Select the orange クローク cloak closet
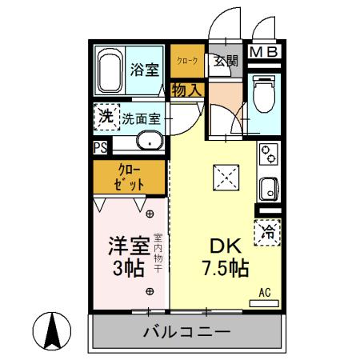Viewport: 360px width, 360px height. (x=187, y=62)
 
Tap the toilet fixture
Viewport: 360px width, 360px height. (x=260, y=94)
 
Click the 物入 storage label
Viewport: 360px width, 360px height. (x=187, y=90)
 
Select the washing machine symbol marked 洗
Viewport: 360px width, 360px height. (x=105, y=117)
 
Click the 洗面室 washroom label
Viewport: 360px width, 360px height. (x=142, y=119)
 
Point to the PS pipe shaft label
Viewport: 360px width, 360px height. (x=100, y=147)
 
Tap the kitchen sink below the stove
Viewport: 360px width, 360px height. (x=266, y=190)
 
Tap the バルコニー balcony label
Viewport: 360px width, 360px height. (x=187, y=331)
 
